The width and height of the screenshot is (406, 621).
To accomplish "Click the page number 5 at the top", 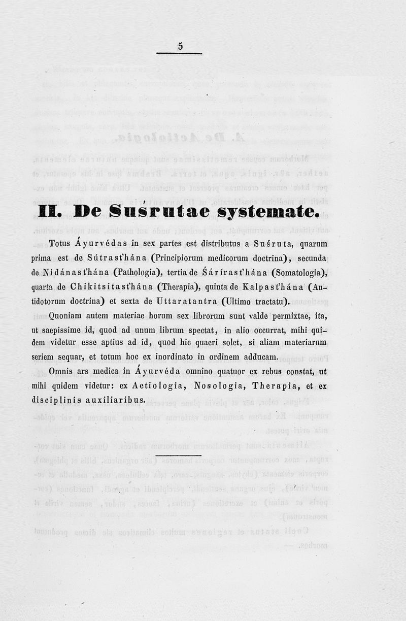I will (x=180, y=46).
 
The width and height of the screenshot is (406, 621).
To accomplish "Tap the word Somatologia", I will (x=295, y=273).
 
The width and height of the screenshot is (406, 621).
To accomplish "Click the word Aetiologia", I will (x=156, y=386).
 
